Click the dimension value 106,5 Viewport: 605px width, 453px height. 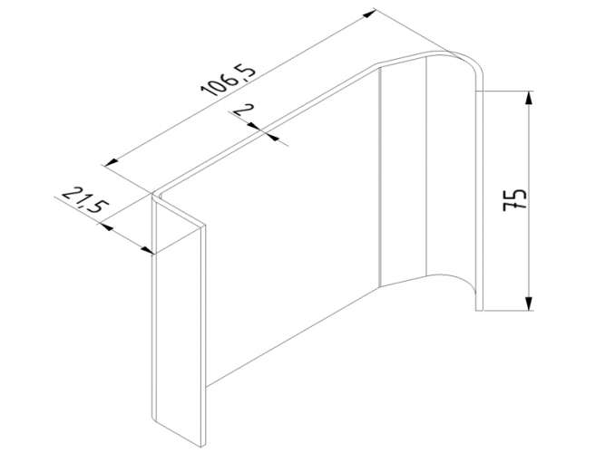(228, 81)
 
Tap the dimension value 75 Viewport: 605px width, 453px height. (515, 199)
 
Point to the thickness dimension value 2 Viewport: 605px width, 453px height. (243, 110)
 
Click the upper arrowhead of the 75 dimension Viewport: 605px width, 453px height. (529, 98)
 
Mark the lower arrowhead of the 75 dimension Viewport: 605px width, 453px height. (529, 304)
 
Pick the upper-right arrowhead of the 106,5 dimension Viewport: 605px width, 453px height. (369, 14)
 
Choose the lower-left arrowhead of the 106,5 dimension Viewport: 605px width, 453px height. (112, 162)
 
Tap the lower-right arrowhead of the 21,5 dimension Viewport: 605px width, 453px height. (148, 251)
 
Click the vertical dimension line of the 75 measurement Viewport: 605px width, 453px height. (529, 200)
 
